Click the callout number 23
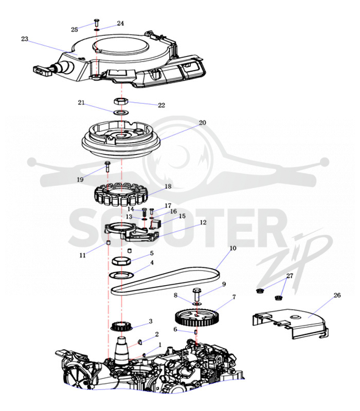(x=24, y=39)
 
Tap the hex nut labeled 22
(x=121, y=101)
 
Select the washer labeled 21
(x=121, y=113)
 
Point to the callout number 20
(x=203, y=122)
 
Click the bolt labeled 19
(x=108, y=166)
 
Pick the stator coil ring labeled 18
(x=121, y=195)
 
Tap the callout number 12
(x=203, y=222)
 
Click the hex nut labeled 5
(x=121, y=261)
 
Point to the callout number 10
(x=233, y=248)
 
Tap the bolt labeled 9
(x=197, y=294)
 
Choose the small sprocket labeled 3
(x=121, y=326)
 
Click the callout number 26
(x=337, y=295)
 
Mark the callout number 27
(x=290, y=276)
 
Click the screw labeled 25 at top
(x=96, y=23)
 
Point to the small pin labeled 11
(x=107, y=242)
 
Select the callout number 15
(x=182, y=216)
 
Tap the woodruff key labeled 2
(x=140, y=342)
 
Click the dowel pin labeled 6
(x=196, y=332)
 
